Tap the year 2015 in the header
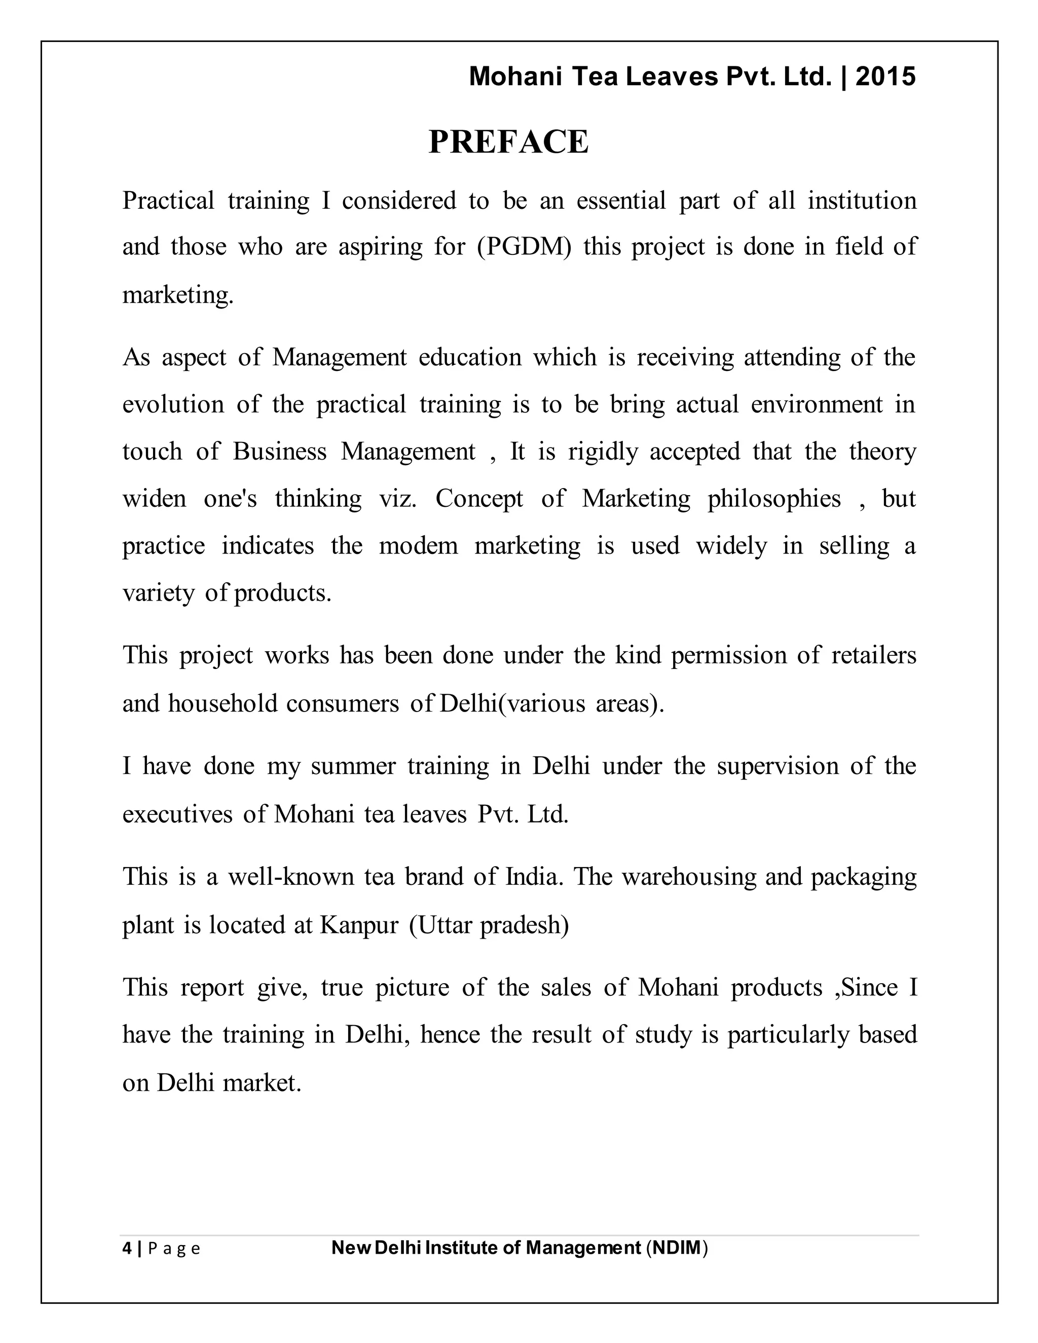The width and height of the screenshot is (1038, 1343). [885, 77]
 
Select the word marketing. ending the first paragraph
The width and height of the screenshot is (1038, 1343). [178, 294]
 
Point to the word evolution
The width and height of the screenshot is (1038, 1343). [173, 404]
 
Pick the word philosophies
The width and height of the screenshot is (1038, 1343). [773, 499]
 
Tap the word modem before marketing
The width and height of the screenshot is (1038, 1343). [418, 545]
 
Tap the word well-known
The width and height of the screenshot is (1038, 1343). [291, 876]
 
